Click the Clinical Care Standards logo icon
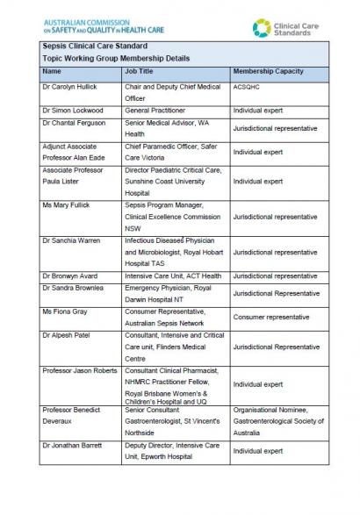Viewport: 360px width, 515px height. click(x=262, y=29)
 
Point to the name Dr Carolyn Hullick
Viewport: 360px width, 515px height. click(x=70, y=87)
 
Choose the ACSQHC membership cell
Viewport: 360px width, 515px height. click(x=247, y=87)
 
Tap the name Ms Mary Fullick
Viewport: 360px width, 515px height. click(x=66, y=203)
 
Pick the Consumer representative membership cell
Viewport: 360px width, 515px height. click(x=270, y=317)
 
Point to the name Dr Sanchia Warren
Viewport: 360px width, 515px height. click(x=72, y=240)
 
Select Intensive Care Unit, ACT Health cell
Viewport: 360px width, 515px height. click(x=172, y=275)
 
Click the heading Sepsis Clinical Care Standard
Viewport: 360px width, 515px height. click(x=94, y=45)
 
